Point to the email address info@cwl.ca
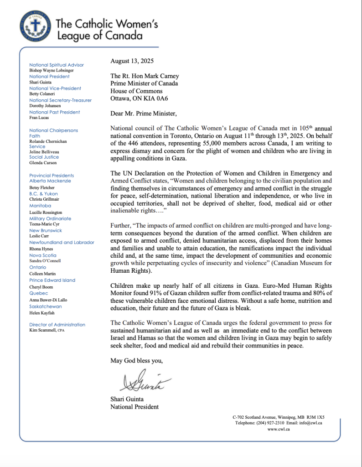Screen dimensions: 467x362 [x=311, y=423]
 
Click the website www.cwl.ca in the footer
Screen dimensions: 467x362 [x=279, y=429]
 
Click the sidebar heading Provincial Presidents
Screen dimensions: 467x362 [x=51, y=176]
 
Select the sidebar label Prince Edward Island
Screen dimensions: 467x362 [x=52, y=280]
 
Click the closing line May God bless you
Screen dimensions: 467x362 [x=136, y=361]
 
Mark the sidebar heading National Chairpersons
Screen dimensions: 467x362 [x=53, y=130]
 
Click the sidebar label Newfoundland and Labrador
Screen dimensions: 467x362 [x=62, y=243]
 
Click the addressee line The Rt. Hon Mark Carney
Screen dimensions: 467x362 [x=144, y=76]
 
